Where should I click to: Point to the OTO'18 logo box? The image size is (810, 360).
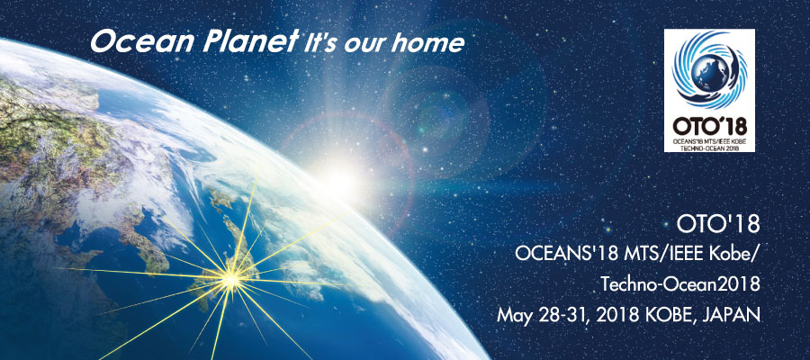point(709,90)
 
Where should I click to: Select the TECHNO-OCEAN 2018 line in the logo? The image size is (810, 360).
point(709,148)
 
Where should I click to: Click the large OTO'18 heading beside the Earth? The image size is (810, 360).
point(718,225)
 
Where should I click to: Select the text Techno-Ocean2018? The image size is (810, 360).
point(680,284)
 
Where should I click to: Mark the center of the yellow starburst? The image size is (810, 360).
point(231,280)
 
